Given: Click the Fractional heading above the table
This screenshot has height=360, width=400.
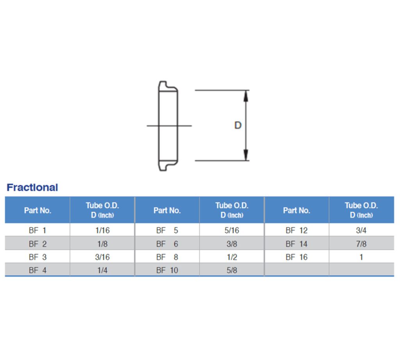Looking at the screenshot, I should coord(32,187).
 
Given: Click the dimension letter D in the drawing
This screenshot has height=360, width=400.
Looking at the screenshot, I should coord(237,125).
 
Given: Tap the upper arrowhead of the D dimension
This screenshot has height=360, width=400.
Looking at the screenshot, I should coord(246,95).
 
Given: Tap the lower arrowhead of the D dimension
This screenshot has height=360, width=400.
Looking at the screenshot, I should coord(246,156).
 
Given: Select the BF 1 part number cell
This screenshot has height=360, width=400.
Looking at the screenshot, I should coord(37,230).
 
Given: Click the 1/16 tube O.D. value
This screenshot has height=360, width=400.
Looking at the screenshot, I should coord(102,230).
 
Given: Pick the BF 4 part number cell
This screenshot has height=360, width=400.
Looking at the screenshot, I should coord(37,270).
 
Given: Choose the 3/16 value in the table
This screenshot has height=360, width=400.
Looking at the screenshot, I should coord(102,257).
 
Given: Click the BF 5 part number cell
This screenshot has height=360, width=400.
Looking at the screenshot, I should coord(167,230).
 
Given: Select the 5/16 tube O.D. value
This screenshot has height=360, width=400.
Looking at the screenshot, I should coord(232,230).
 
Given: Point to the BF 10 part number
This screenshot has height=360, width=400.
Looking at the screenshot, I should coord(167,270).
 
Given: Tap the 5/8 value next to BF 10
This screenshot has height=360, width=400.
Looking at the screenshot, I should coord(232,270).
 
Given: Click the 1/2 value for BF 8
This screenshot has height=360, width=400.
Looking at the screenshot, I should coord(232,257).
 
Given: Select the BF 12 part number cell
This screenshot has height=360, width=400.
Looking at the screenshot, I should coord(296,230).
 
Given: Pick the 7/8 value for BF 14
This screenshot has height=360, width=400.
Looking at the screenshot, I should coord(361,244).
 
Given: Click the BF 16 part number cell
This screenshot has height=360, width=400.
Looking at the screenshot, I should coord(296,257).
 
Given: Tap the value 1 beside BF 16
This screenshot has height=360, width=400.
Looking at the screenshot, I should coord(361,257).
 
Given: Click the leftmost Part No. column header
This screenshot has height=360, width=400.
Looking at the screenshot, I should coord(37,210).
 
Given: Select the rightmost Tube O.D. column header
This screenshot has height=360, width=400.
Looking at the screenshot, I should coord(361,210).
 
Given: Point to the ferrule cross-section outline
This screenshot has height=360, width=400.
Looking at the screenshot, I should coord(168,125).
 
